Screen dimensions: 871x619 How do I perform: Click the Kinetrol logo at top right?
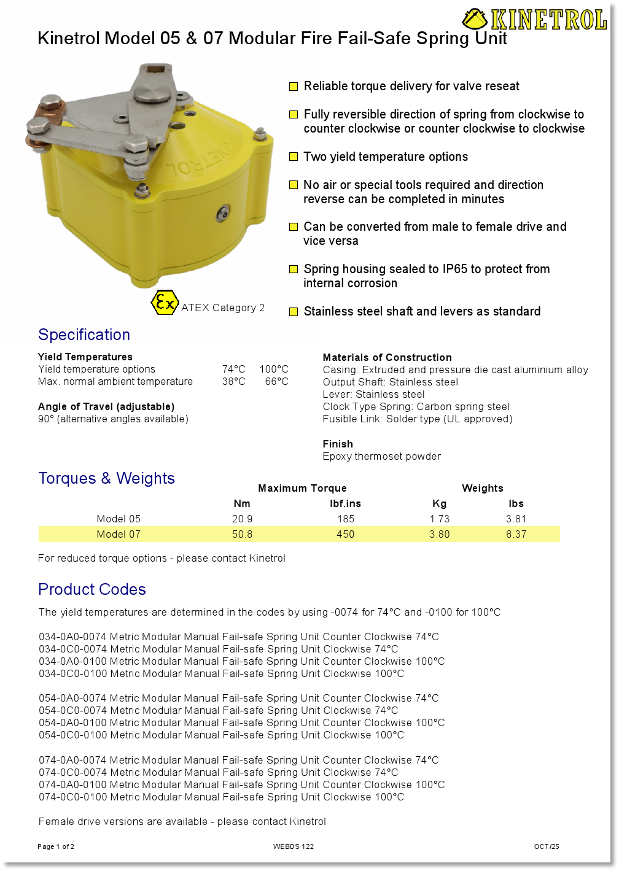[x=535, y=20]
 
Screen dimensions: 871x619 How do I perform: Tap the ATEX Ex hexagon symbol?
[x=165, y=303]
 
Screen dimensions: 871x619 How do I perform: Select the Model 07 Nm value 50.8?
[x=242, y=534]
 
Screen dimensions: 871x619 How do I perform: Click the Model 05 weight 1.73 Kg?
[x=440, y=519]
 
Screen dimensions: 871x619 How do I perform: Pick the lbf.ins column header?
[x=345, y=503]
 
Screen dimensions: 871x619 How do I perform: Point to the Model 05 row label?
[x=119, y=519]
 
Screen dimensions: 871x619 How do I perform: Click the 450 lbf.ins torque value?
[x=345, y=534]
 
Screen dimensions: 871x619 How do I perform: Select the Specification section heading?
[x=84, y=335]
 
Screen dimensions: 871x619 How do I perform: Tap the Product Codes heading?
[x=92, y=589]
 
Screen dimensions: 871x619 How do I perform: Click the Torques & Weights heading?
[x=106, y=478]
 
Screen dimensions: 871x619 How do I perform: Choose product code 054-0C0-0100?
[x=73, y=735]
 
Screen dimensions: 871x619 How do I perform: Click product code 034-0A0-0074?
[x=73, y=637]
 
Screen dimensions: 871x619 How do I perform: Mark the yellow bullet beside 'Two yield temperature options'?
[x=294, y=157]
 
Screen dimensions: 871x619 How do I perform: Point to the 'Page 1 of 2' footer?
[x=56, y=846]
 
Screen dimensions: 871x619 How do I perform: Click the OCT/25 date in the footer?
[x=547, y=846]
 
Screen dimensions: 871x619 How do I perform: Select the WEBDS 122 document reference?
[x=294, y=846]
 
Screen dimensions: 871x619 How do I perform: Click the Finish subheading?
[x=338, y=444]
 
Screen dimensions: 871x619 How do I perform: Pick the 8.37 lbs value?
[x=516, y=534]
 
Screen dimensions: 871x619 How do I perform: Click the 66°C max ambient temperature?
[x=277, y=381]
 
